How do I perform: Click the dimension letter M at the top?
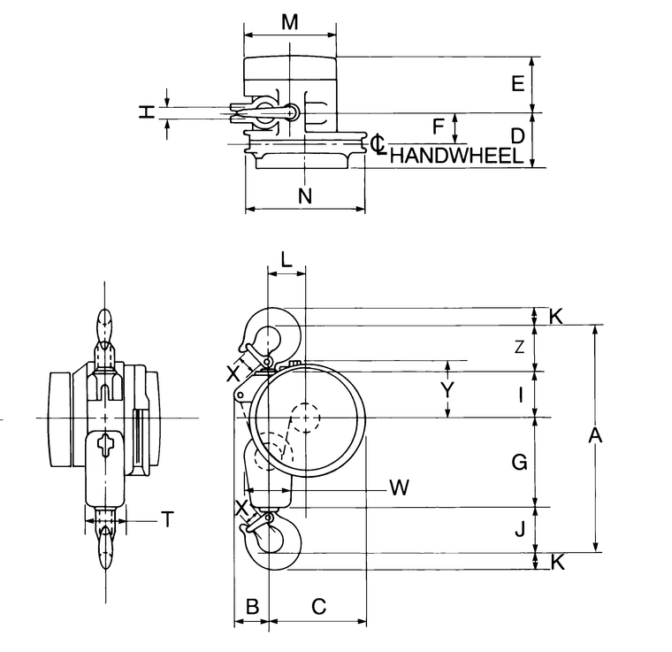[289, 22]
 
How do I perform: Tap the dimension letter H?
[147, 111]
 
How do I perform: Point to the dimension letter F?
[438, 127]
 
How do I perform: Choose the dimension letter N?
[305, 196]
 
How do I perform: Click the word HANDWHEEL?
[454, 157]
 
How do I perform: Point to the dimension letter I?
[521, 395]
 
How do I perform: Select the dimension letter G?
[520, 461]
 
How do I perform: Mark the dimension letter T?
[166, 520]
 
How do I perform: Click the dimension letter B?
[251, 606]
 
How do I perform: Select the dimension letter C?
[319, 606]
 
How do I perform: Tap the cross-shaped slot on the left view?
[105, 445]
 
